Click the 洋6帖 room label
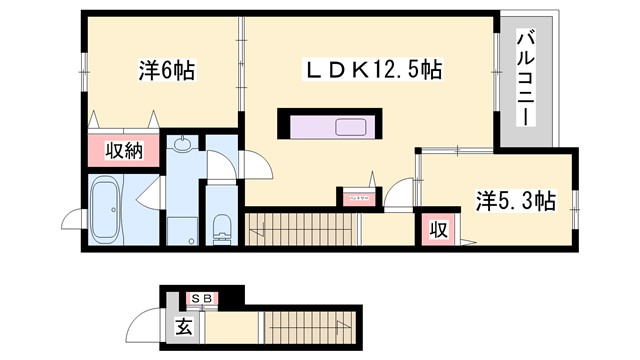(x=165, y=71)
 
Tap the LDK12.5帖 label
(x=374, y=71)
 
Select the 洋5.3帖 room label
(x=515, y=200)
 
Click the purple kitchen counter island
(x=330, y=128)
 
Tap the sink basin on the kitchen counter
(x=352, y=128)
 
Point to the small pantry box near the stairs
(x=356, y=198)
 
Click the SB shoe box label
(x=200, y=297)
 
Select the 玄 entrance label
(x=184, y=325)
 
